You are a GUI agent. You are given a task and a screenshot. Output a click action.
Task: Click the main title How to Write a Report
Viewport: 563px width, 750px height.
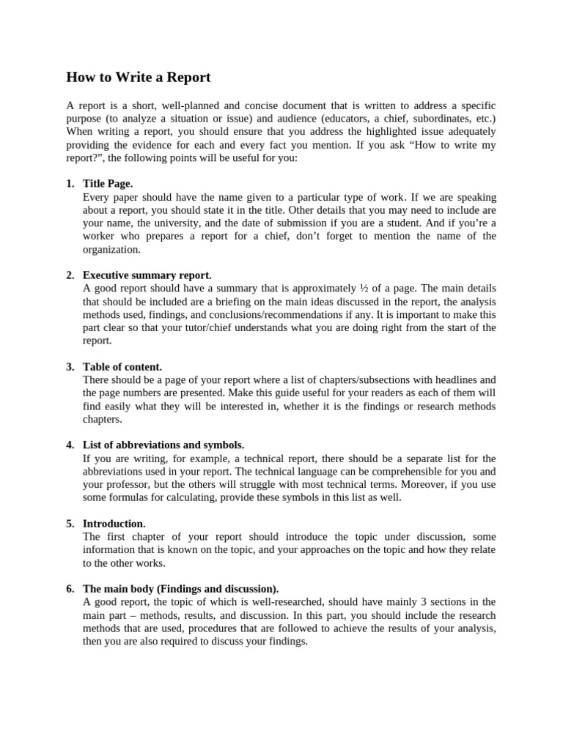point(139,77)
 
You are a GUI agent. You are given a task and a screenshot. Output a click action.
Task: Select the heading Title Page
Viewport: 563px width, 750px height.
point(108,184)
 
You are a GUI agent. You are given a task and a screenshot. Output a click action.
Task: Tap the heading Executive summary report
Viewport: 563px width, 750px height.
point(147,275)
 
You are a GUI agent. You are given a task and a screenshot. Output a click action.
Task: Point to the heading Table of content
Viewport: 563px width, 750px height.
point(122,367)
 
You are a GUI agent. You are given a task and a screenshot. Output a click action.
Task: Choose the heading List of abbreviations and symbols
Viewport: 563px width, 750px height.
point(163,445)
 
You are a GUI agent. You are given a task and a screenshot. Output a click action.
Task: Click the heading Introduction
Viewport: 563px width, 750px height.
point(114,524)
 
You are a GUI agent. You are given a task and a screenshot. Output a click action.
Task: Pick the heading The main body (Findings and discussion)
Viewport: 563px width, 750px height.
point(180,589)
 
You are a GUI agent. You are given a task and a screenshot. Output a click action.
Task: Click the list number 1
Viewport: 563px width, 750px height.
point(70,184)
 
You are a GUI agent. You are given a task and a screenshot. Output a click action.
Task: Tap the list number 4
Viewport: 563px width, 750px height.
point(70,445)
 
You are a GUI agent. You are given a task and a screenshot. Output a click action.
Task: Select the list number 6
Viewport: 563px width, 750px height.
point(70,589)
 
